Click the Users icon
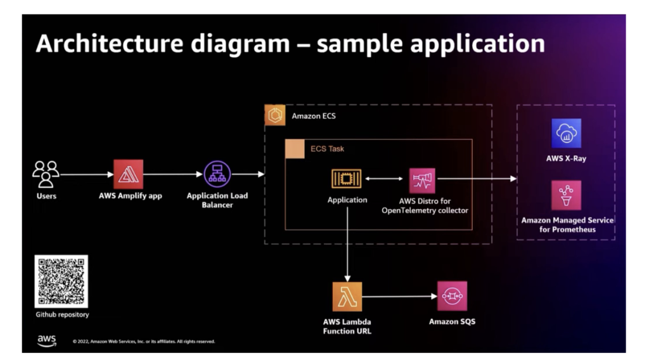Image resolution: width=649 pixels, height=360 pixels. pos(46,174)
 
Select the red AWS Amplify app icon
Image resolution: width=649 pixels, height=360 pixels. pos(128,174)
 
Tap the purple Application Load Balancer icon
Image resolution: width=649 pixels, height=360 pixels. pos(217,174)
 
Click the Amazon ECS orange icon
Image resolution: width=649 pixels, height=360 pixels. pos(275,115)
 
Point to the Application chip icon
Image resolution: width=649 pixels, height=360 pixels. pos(347,179)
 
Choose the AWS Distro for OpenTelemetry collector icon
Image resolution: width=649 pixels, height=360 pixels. pos(422,180)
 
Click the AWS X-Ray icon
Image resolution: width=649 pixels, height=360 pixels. pos(566,133)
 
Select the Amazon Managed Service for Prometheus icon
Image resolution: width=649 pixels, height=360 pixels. pos(566,195)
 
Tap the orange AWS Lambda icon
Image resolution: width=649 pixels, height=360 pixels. pos(347,297)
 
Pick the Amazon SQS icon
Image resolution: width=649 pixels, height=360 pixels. pos(451,297)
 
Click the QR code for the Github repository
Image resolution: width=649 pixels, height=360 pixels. pos(61,281)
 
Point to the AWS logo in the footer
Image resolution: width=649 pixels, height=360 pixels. pos(47,340)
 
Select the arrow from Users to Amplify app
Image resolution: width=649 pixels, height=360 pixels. pos(86,174)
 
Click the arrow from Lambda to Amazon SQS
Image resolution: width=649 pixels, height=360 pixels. pos(399,297)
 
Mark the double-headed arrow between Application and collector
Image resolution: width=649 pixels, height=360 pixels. pos(384,179)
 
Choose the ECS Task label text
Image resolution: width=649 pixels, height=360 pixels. pos(327,149)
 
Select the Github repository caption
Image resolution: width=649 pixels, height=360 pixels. pos(62,315)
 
